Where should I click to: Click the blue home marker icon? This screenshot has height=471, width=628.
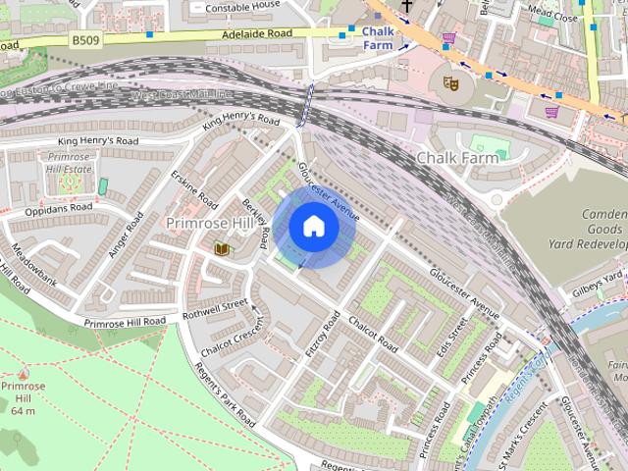314,227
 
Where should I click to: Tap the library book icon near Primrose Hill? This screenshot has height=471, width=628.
223,249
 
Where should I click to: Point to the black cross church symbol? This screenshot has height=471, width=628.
406,6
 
